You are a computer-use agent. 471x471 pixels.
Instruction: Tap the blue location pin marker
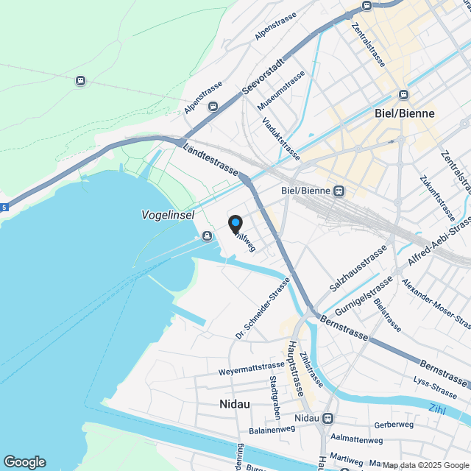click(235, 223)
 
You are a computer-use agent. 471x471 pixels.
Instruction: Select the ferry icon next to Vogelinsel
click(205, 235)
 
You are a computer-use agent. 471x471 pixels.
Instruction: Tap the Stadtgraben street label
click(274, 396)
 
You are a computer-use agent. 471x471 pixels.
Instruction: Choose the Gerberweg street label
click(394, 425)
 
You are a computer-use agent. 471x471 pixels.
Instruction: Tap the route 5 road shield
click(4, 208)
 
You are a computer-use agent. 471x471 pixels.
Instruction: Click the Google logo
click(24, 461)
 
